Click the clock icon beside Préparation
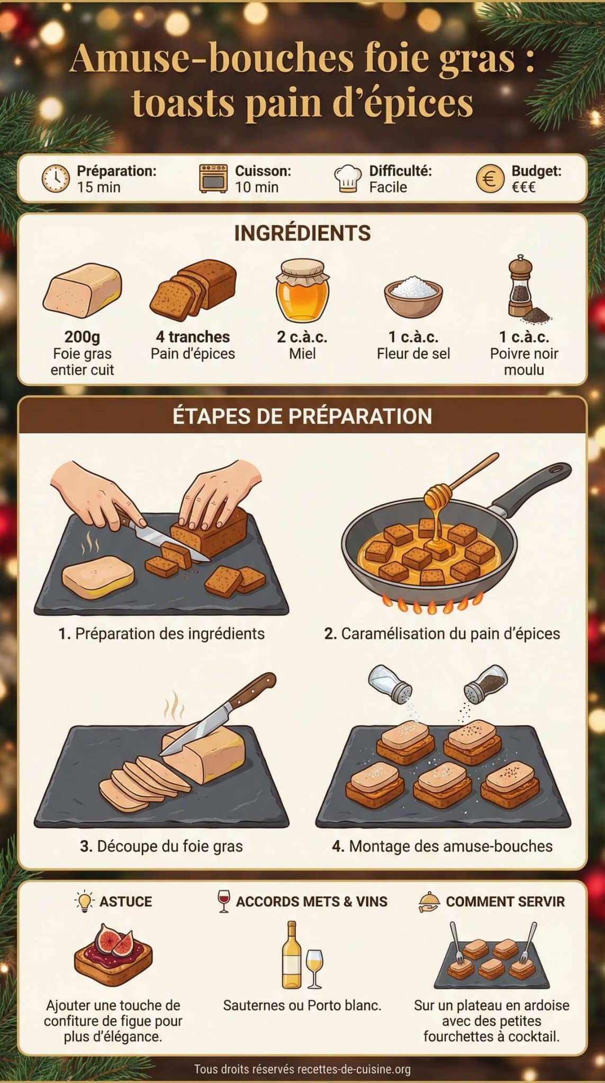pyautogui.click(x=55, y=178)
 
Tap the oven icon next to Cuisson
pyautogui.click(x=213, y=178)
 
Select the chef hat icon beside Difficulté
pyautogui.click(x=348, y=179)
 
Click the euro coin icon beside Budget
pyautogui.click(x=490, y=179)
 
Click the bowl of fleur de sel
pyautogui.click(x=413, y=295)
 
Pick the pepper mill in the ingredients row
pyautogui.click(x=521, y=288)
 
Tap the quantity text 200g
pyautogui.click(x=82, y=337)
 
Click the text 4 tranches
pyautogui.click(x=193, y=337)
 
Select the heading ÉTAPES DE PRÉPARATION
pyautogui.click(x=302, y=416)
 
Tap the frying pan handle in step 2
pyautogui.click(x=535, y=487)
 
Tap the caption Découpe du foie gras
pyautogui.click(x=161, y=846)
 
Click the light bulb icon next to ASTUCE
pyautogui.click(x=84, y=901)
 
